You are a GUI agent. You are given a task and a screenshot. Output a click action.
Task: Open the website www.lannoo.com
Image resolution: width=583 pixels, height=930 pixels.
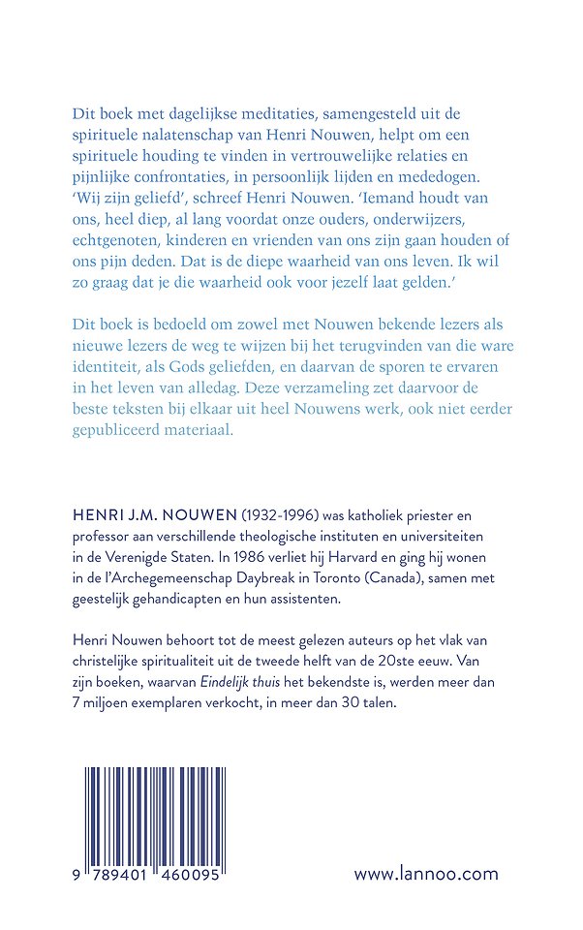click(x=426, y=873)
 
